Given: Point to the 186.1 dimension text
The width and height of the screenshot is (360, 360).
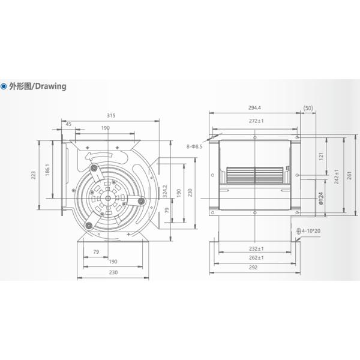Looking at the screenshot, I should click(x=47, y=170).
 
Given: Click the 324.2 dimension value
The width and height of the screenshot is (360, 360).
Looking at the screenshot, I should click(x=165, y=193).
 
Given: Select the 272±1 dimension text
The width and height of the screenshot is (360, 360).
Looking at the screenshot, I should click(x=256, y=121).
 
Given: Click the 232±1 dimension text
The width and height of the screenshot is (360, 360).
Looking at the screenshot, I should click(x=256, y=248).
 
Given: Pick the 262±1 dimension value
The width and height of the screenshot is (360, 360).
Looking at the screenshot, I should click(x=256, y=258).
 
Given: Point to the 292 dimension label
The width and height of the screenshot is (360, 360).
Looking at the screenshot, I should click(x=256, y=268).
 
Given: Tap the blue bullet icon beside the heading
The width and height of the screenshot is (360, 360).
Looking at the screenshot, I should click(x=4, y=86).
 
